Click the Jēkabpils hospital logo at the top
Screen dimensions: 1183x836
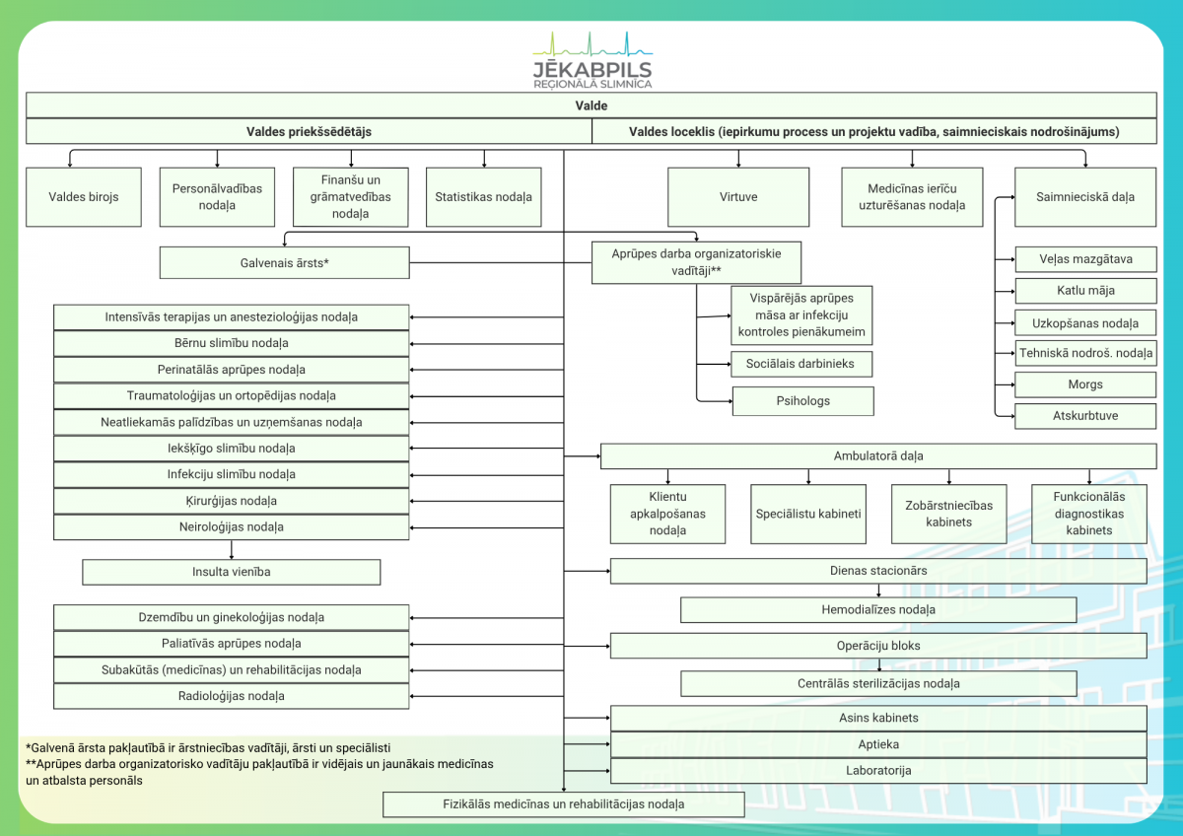592,60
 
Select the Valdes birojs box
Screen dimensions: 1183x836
84,197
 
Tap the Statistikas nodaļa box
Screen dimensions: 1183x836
483,197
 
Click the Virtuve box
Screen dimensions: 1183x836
737,197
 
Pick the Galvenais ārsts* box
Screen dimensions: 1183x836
284,262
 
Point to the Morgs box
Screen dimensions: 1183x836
1085,384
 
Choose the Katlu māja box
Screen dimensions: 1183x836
1085,291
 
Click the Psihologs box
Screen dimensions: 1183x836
802,401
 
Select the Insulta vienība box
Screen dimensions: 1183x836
232,572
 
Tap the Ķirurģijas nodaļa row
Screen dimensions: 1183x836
232,501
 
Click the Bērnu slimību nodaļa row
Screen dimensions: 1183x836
232,343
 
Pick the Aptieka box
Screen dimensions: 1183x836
878,744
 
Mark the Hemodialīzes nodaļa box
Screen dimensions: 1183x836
878,610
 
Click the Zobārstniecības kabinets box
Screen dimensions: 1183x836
948,514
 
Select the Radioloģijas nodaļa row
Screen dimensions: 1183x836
232,696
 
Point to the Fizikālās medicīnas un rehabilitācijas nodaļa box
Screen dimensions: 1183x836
564,804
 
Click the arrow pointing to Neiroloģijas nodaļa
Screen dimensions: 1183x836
487,527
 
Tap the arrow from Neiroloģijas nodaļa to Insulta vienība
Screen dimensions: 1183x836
232,550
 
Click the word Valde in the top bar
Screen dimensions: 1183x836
591,105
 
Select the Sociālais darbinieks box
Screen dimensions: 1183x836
801,364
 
